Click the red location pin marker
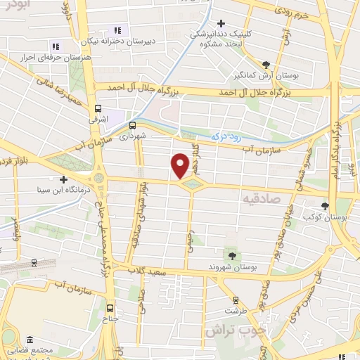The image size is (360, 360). pyautogui.click(x=180, y=165)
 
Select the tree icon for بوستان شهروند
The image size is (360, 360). pyautogui.click(x=231, y=254)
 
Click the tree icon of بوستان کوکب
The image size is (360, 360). pyautogui.click(x=325, y=206)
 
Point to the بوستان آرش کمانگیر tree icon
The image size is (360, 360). pyautogui.click(x=265, y=63)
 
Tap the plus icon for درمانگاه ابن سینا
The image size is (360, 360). pyautogui.click(x=63, y=179)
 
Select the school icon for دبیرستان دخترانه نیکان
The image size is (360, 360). pyautogui.click(x=117, y=30)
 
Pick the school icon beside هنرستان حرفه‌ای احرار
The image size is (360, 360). pyautogui.click(x=56, y=46)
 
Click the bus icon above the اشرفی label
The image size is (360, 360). pyautogui.click(x=98, y=109)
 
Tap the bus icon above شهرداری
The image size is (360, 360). pyautogui.click(x=132, y=124)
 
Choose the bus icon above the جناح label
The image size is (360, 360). pyautogui.click(x=109, y=307)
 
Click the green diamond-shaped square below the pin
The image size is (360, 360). pyautogui.click(x=191, y=184)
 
